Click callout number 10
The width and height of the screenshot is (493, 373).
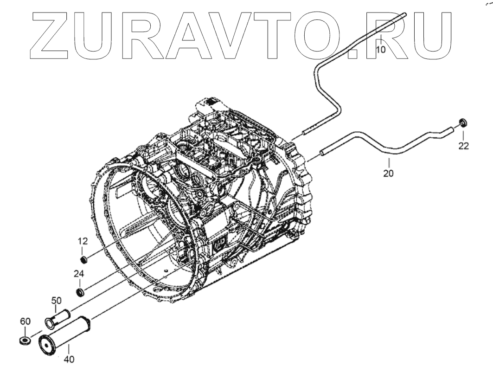click(380, 50)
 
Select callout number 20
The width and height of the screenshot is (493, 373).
click(389, 174)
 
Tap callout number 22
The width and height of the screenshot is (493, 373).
click(463, 146)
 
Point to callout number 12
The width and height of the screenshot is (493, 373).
click(82, 241)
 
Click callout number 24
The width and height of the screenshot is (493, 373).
click(79, 274)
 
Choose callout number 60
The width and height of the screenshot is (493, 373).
click(25, 322)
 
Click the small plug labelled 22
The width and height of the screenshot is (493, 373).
click(462, 122)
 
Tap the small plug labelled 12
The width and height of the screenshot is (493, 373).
click(83, 258)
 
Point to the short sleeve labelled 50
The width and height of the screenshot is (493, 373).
click(58, 318)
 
